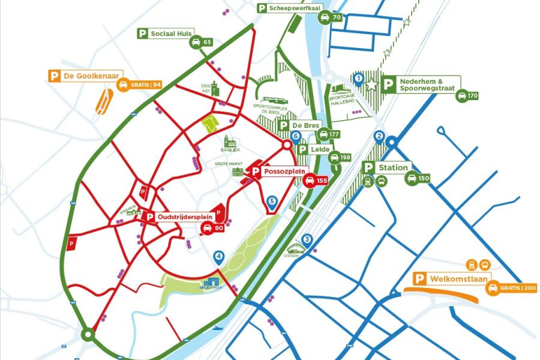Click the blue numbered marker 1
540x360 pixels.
click(358, 78)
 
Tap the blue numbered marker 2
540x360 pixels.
click(379, 137)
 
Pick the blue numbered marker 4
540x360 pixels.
click(219, 257)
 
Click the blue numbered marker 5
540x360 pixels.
click(272, 202)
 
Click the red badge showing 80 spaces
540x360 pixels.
click(212, 228)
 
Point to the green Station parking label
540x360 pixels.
click(387, 167)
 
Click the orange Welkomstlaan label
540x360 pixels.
click(453, 278)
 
